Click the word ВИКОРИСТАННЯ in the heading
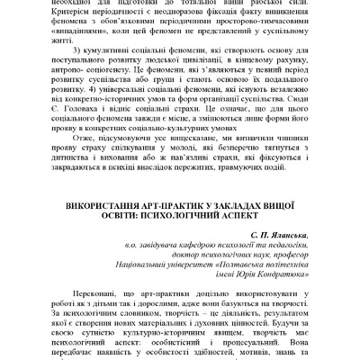101,206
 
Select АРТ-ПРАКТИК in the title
173,206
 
